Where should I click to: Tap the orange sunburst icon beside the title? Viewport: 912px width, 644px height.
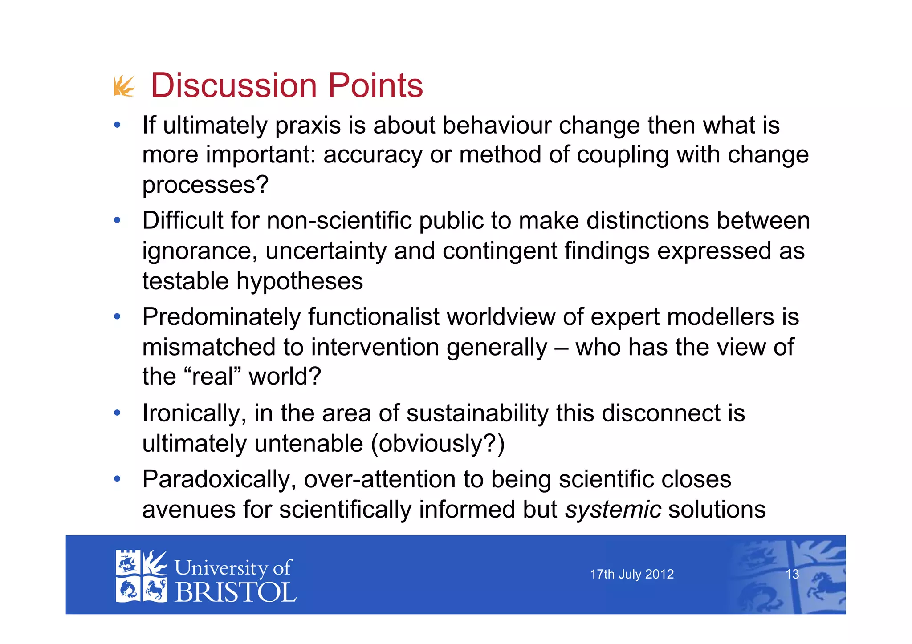[124, 86]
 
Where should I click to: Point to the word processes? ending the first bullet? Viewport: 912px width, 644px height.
[205, 185]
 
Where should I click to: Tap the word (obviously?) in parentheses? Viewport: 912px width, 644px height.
[438, 444]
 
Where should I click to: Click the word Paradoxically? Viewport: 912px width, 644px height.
[219, 480]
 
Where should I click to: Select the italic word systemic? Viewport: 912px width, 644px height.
[613, 510]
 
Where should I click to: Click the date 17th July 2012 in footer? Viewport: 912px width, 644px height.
[631, 575]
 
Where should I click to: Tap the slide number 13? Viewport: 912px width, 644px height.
[792, 575]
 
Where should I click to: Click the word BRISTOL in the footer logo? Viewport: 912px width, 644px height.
[235, 593]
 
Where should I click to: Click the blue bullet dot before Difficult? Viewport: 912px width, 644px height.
[117, 220]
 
